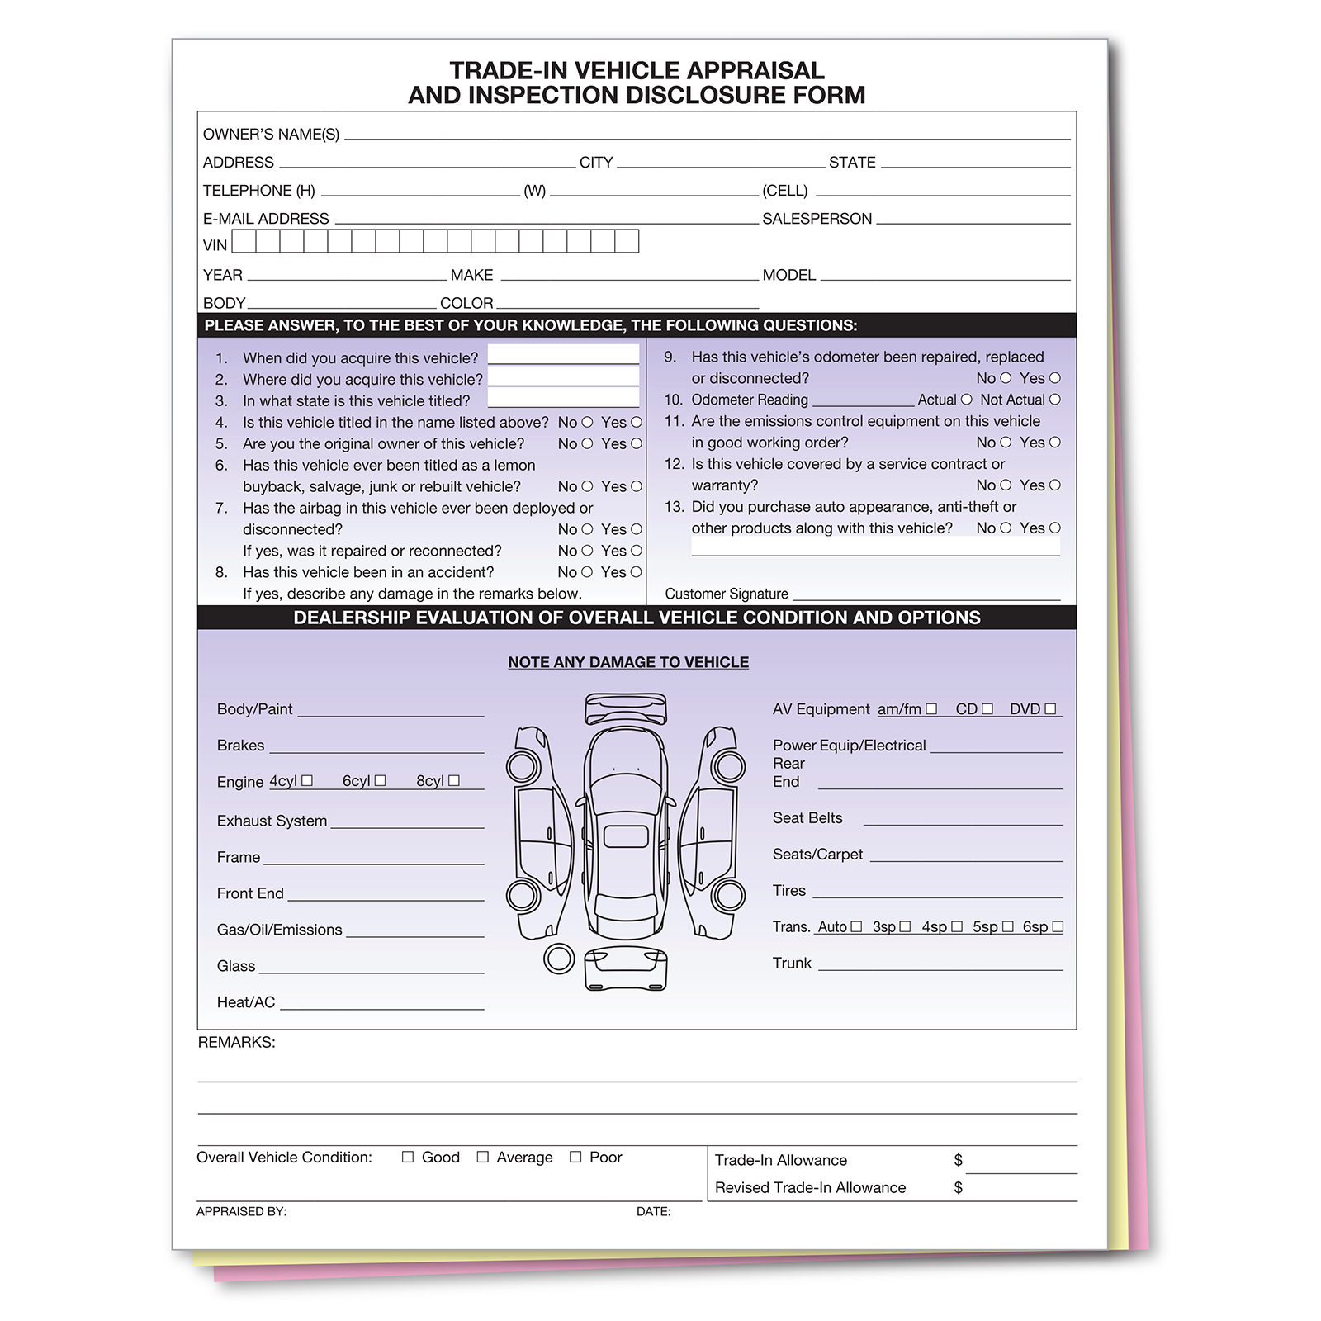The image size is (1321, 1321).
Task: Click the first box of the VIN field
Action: [x=244, y=241]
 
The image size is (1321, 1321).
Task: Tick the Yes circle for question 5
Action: [x=637, y=443]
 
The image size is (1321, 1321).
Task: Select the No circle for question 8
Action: [x=587, y=572]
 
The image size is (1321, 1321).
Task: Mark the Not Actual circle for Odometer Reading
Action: [x=1055, y=400]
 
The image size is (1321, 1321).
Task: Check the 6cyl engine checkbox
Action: [x=380, y=780]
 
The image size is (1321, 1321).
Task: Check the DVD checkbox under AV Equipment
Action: [x=1050, y=708]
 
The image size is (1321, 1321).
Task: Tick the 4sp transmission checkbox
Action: [x=957, y=926]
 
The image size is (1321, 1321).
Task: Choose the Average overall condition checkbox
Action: [x=483, y=1157]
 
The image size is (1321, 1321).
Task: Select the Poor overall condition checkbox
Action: [x=575, y=1157]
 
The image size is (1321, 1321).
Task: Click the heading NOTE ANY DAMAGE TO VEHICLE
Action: [x=628, y=662]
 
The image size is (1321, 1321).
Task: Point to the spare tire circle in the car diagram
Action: [x=559, y=959]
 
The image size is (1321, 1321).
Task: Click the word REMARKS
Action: [x=236, y=1042]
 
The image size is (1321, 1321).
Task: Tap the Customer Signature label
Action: [x=727, y=594]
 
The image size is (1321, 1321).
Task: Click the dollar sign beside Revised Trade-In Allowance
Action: [x=958, y=1187]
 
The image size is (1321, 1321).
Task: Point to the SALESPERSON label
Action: [x=817, y=219]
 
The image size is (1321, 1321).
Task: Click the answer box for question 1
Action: [x=563, y=355]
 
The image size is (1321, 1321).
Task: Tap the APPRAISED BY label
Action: [x=241, y=1211]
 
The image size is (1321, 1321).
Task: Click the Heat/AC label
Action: [x=246, y=1002]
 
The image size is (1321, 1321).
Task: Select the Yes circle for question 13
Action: [x=1055, y=528]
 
